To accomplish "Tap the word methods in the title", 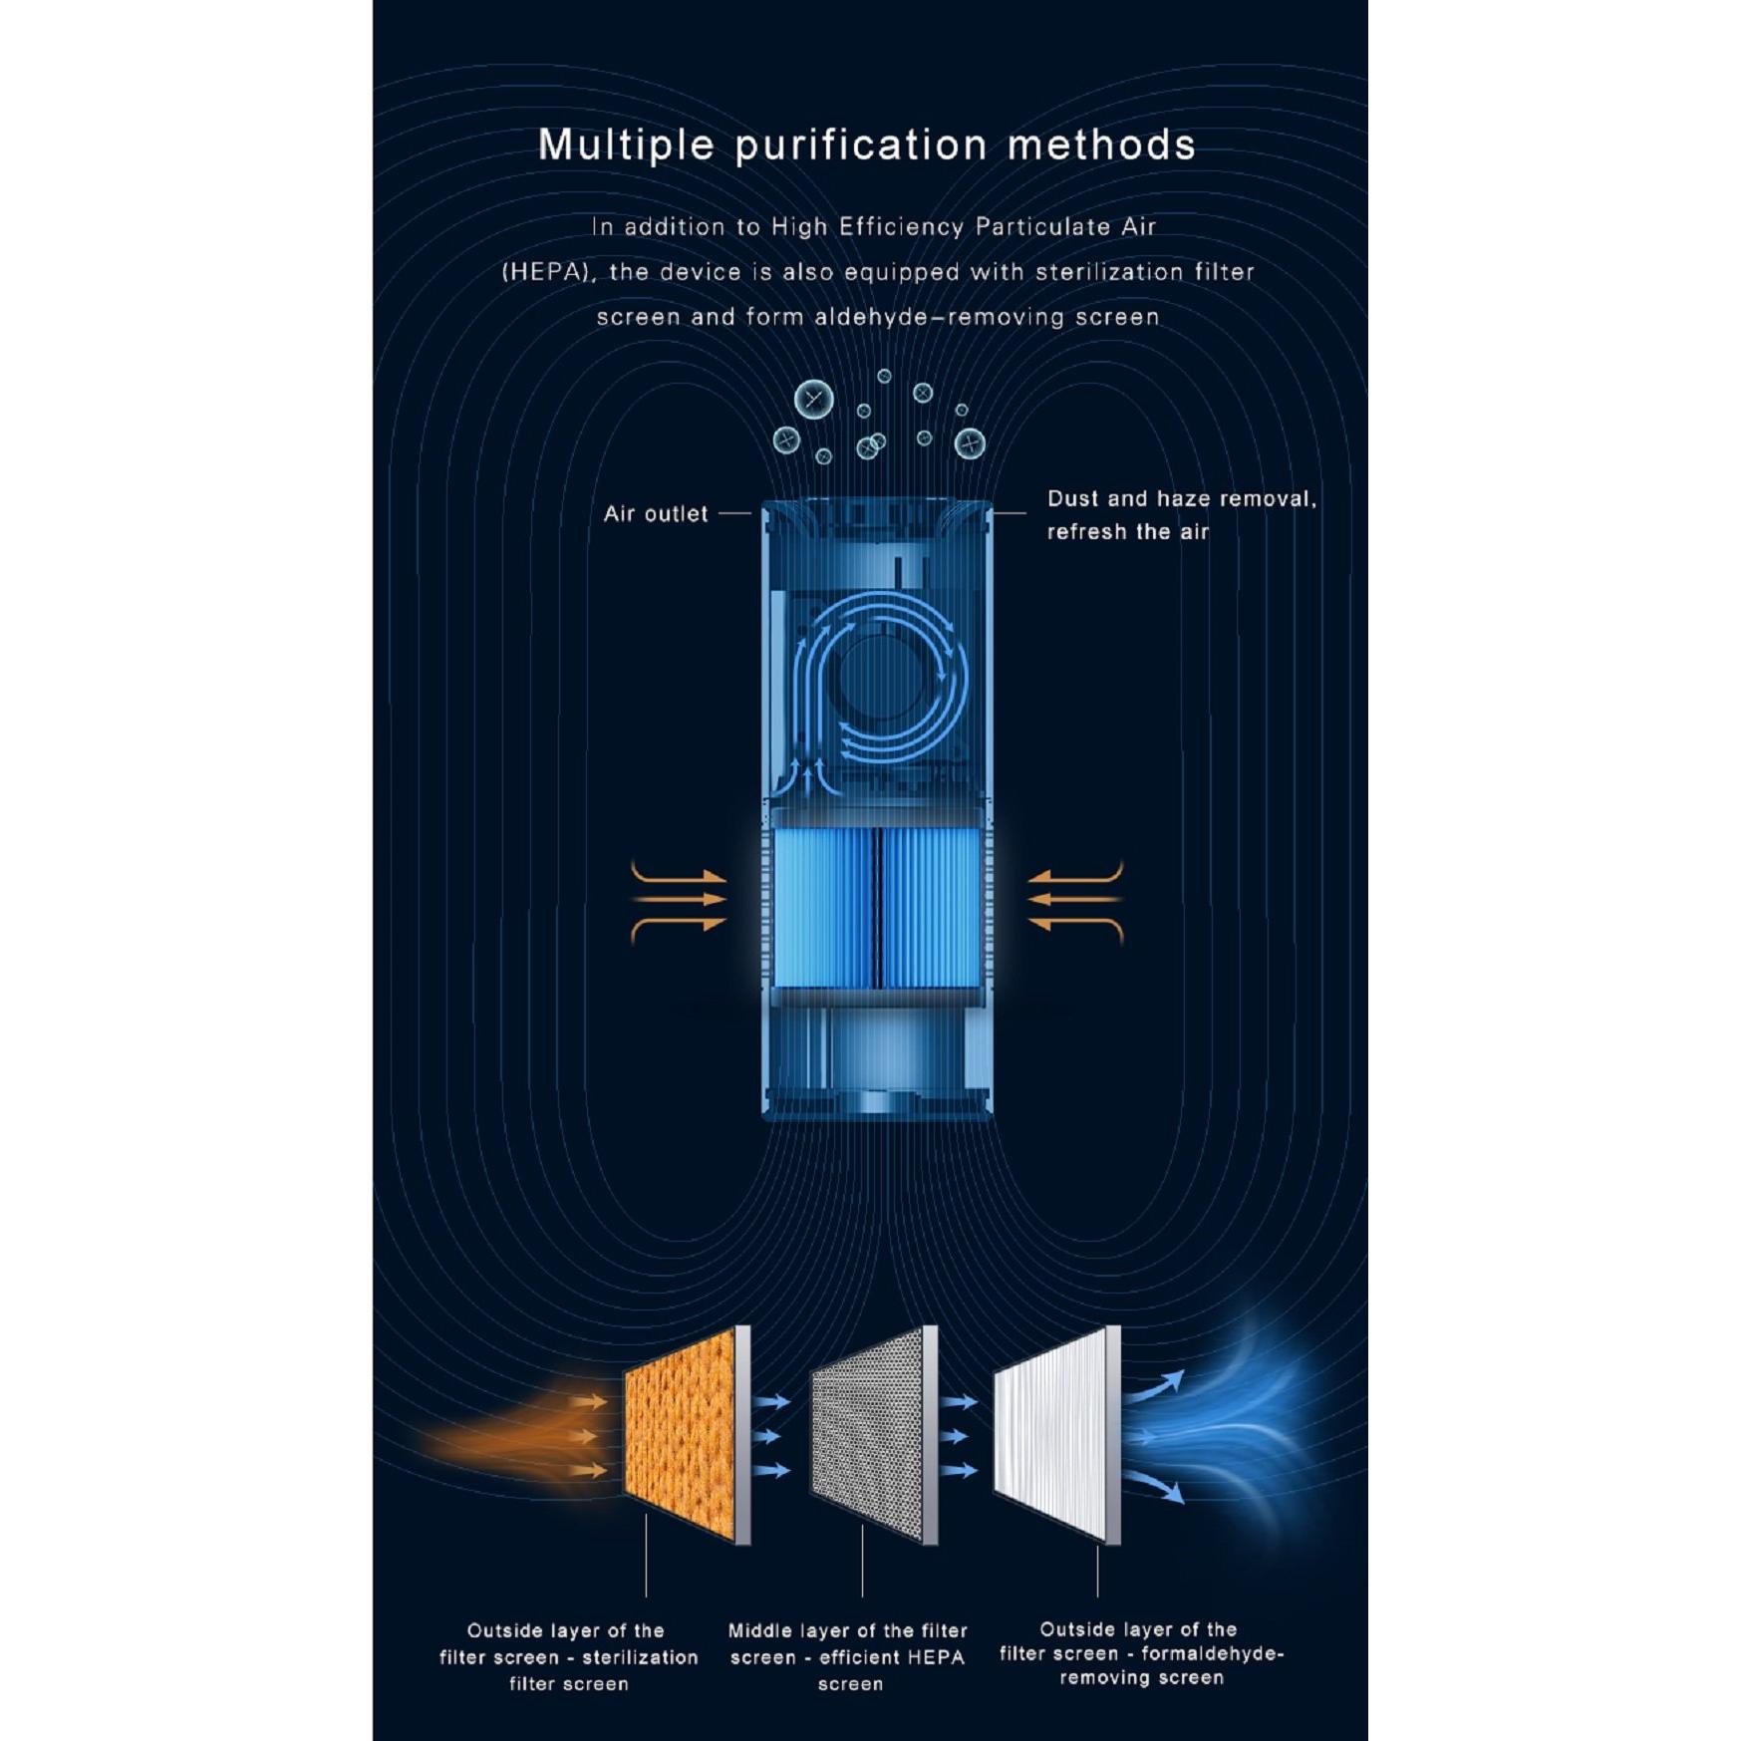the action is [1101, 145].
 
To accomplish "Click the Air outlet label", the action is [656, 514].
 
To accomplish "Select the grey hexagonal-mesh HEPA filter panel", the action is [874, 1435].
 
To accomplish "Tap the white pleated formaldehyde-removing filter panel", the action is [1057, 1435].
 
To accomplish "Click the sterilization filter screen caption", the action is [569, 1657].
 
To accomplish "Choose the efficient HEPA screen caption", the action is [848, 1657].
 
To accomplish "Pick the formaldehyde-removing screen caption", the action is [1142, 1654].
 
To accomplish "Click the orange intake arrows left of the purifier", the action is [679, 900].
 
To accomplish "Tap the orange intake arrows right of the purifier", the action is [1075, 900].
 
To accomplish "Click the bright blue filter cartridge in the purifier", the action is [877, 908].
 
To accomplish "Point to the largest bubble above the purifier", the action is [814, 401].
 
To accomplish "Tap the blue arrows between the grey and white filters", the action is [959, 1436].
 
